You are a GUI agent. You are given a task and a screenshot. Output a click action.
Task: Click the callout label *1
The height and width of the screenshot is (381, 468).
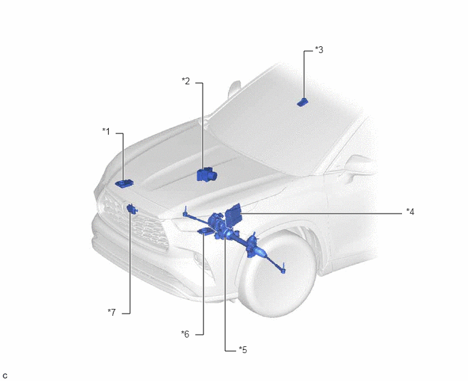(106, 131)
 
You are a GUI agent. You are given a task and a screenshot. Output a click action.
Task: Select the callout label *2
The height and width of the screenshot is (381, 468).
(186, 81)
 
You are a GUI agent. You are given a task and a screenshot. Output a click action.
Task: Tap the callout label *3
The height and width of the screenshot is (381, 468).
(319, 50)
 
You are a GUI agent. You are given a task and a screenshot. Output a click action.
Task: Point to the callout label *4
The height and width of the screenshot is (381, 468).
(410, 212)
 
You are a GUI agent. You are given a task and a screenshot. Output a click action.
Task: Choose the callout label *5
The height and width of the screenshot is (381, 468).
(243, 350)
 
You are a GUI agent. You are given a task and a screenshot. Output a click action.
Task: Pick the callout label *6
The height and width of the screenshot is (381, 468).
(185, 334)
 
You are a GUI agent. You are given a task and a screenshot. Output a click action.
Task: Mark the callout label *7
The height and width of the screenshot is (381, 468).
(112, 312)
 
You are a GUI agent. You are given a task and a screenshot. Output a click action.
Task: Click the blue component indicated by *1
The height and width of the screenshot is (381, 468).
(124, 183)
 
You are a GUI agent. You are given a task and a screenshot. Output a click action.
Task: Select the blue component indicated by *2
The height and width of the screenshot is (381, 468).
(207, 175)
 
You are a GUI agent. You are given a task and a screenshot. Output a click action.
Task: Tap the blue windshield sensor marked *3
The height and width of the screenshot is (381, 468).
(302, 102)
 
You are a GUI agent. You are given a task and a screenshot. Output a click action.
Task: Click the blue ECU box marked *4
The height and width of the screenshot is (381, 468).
(233, 215)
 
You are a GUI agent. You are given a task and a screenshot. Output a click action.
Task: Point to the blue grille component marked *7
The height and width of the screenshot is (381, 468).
(132, 209)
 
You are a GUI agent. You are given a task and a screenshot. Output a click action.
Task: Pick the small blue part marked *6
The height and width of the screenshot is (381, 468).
(205, 231)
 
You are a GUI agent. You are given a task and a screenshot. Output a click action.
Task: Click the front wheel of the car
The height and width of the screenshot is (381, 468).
(277, 274)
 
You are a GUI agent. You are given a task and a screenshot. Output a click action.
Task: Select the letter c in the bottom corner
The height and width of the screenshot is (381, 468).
(5, 376)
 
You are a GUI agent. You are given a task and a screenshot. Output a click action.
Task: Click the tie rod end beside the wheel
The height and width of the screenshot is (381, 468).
(283, 269)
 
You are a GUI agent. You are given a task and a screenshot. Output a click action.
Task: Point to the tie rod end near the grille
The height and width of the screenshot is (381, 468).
(185, 212)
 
